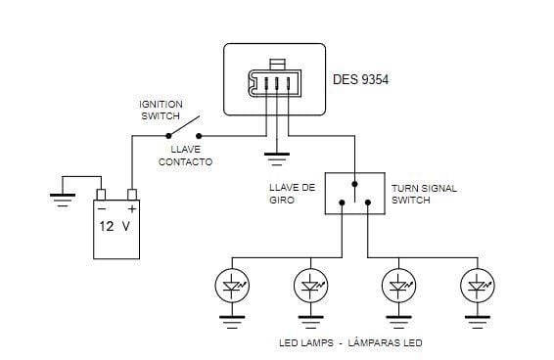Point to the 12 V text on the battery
point(115,226)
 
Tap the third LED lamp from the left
point(397,287)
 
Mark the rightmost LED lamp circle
point(477,287)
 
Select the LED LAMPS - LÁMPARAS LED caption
point(350,343)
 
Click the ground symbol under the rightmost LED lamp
point(477,318)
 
